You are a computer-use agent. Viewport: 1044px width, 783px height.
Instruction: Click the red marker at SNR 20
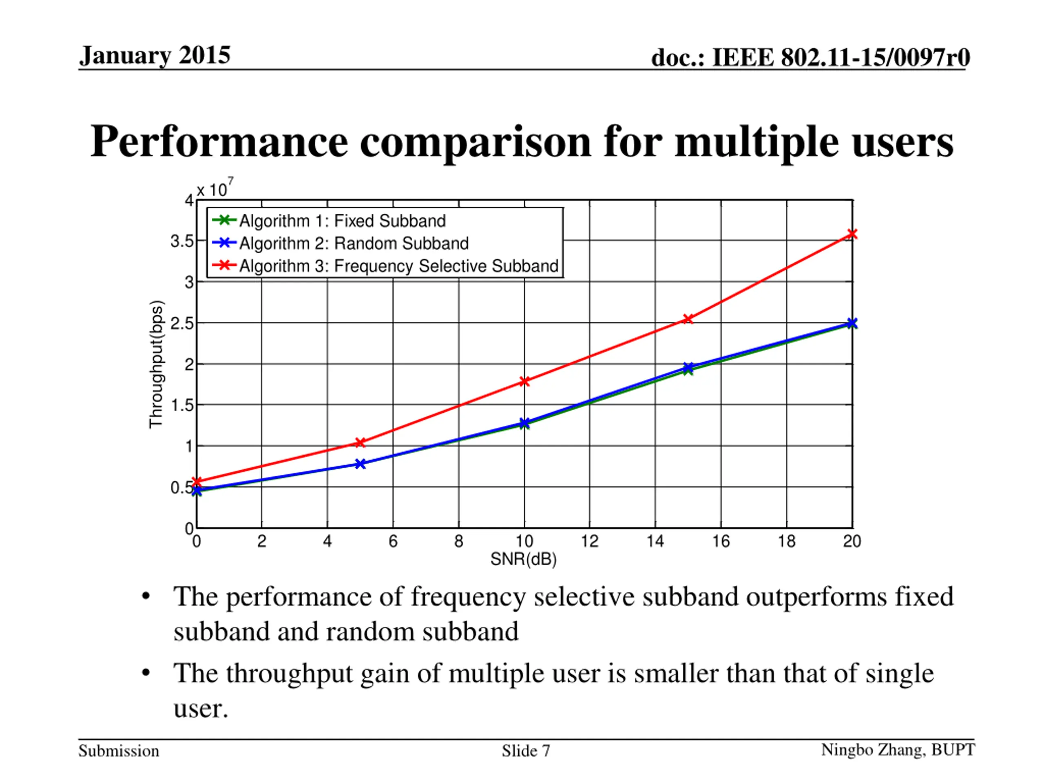pos(852,234)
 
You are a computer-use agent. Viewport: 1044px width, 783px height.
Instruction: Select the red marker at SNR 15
pos(688,319)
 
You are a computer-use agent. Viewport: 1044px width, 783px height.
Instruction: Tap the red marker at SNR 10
pos(524,381)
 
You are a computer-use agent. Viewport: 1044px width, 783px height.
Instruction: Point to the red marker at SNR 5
pos(360,442)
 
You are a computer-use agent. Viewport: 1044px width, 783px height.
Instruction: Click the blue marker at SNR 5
pos(360,464)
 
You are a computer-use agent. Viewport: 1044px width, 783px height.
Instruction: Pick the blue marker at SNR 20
pos(852,323)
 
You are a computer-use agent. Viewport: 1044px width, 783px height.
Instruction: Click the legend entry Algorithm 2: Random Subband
pos(354,243)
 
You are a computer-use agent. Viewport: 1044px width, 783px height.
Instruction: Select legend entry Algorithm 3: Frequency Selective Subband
pos(398,266)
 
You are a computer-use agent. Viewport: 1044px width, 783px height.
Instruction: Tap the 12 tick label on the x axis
pos(589,541)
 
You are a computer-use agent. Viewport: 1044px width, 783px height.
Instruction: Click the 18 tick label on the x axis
pos(786,541)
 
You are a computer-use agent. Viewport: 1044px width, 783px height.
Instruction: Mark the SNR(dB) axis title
pos(523,559)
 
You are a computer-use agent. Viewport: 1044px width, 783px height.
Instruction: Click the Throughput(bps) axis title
pos(156,364)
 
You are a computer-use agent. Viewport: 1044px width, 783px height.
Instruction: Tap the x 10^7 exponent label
pos(215,189)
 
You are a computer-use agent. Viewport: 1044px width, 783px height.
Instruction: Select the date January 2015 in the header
pos(155,56)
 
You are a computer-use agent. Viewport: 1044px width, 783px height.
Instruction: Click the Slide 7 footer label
pos(526,750)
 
